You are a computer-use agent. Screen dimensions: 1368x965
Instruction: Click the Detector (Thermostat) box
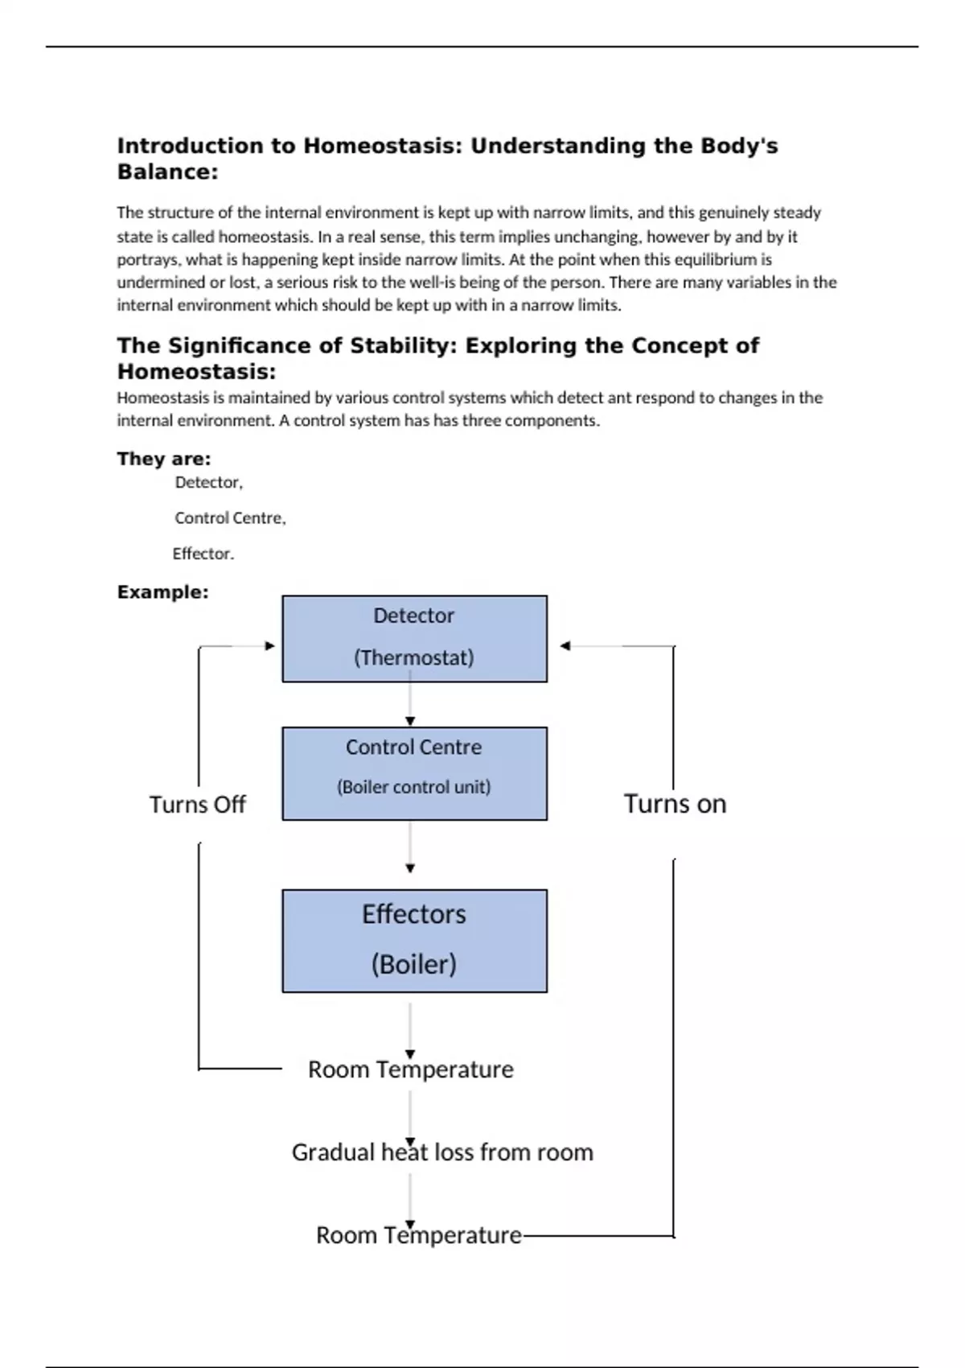(414, 638)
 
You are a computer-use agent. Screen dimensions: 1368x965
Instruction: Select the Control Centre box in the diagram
(414, 773)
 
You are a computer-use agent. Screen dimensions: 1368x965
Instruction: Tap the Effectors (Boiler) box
(414, 940)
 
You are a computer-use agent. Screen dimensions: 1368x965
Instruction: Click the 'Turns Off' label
(197, 805)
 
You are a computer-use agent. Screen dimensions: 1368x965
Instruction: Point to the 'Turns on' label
(675, 804)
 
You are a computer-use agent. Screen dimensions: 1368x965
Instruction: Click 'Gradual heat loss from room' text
(442, 1152)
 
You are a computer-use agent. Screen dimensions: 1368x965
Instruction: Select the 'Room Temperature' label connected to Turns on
(418, 1235)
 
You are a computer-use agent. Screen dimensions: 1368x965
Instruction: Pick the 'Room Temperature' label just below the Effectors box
(410, 1069)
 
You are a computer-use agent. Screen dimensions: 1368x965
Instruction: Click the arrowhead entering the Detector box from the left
(269, 645)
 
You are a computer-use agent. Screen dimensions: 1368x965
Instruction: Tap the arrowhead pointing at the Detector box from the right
(565, 645)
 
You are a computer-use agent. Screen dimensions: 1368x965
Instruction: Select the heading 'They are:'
(164, 459)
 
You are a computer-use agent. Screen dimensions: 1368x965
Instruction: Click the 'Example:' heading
(162, 592)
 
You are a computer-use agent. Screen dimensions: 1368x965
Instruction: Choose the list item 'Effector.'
(203, 554)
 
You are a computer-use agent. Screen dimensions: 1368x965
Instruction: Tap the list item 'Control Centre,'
(230, 518)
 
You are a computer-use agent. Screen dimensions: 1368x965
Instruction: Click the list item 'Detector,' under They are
(208, 482)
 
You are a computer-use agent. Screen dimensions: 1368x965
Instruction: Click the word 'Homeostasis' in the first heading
(380, 146)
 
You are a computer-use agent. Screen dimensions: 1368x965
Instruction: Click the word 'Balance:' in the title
(167, 171)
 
